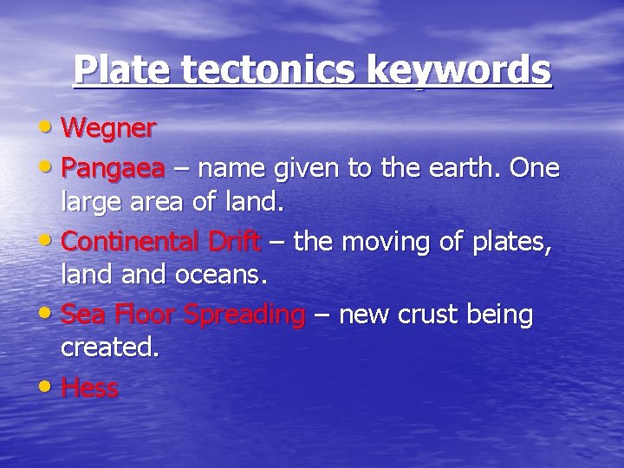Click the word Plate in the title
click(121, 69)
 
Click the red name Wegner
click(108, 129)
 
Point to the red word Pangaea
click(113, 168)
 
